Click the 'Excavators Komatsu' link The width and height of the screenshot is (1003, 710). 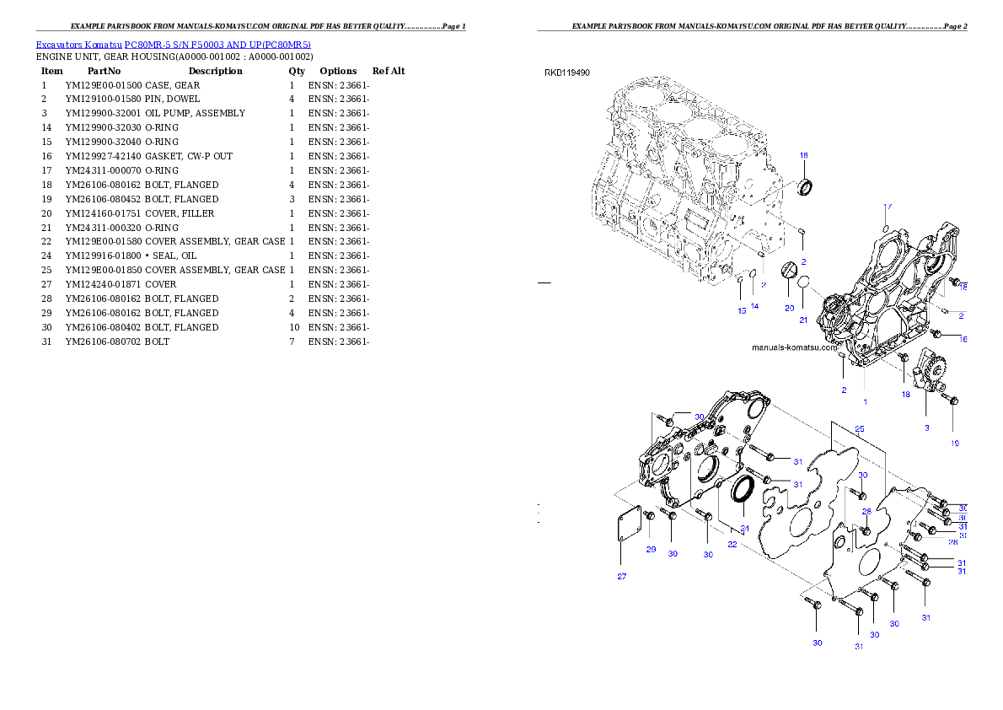[x=78, y=45]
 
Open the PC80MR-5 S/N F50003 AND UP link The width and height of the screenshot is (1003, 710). [x=217, y=45]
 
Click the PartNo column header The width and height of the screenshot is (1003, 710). [x=104, y=71]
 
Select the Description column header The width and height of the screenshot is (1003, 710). [x=216, y=71]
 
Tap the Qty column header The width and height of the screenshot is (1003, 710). [x=297, y=71]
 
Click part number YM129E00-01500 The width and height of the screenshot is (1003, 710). [x=104, y=85]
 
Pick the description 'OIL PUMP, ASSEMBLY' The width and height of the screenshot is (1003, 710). [x=195, y=113]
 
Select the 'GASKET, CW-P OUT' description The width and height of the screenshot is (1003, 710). [x=189, y=156]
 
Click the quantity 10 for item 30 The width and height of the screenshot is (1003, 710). [x=294, y=327]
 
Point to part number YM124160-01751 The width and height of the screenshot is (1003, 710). [x=104, y=213]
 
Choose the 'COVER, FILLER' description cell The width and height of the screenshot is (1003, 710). [x=180, y=213]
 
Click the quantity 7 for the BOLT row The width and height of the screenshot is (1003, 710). [x=292, y=342]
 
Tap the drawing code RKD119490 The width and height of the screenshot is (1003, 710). [x=567, y=73]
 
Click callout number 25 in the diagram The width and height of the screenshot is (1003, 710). [x=860, y=429]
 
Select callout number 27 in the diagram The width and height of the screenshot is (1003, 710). [x=622, y=576]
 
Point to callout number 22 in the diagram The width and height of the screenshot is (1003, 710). [x=732, y=544]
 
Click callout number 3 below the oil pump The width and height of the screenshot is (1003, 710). [x=927, y=428]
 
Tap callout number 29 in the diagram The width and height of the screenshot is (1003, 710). [x=652, y=549]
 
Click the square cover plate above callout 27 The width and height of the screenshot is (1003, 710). [x=630, y=524]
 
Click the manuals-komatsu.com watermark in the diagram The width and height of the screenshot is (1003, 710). [x=795, y=347]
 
